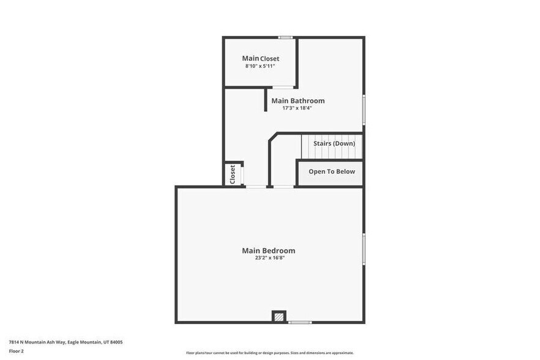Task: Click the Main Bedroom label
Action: pyautogui.click(x=268, y=250)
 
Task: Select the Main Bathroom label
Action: pyautogui.click(x=298, y=100)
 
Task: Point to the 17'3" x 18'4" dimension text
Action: pyautogui.click(x=298, y=108)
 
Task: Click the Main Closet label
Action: pyautogui.click(x=260, y=59)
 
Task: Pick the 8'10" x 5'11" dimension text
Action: pyautogui.click(x=260, y=66)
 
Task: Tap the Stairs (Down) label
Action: pyautogui.click(x=334, y=143)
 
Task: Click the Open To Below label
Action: pyautogui.click(x=331, y=171)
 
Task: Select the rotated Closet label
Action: pyautogui.click(x=233, y=174)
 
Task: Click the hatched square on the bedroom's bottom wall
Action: pyautogui.click(x=279, y=317)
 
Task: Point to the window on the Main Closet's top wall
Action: pyautogui.click(x=285, y=38)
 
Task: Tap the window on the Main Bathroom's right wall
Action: pyautogui.click(x=364, y=109)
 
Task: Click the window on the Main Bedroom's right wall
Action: pyautogui.click(x=364, y=249)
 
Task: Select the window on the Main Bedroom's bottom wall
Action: pyautogui.click(x=300, y=322)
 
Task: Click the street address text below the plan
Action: pyautogui.click(x=66, y=342)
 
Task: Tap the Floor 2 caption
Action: pyautogui.click(x=17, y=351)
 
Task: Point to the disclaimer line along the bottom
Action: pyautogui.click(x=269, y=353)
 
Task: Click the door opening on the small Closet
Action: pyautogui.click(x=243, y=174)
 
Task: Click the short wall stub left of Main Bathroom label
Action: pyautogui.click(x=265, y=100)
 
